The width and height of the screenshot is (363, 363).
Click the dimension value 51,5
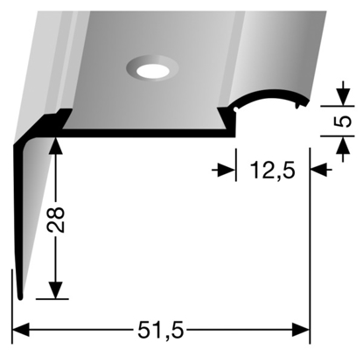coord(161,331)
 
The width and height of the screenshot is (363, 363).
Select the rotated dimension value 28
coord(55,220)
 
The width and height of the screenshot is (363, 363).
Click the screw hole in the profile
coord(153,71)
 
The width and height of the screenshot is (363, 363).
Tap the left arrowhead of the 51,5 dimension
coord(21,330)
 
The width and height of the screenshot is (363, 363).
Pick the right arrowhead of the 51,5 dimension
coord(301,330)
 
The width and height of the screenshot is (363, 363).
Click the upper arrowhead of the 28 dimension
coord(56,145)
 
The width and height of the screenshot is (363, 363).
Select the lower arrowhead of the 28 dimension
coord(56,290)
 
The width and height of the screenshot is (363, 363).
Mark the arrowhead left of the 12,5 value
coord(227,170)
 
